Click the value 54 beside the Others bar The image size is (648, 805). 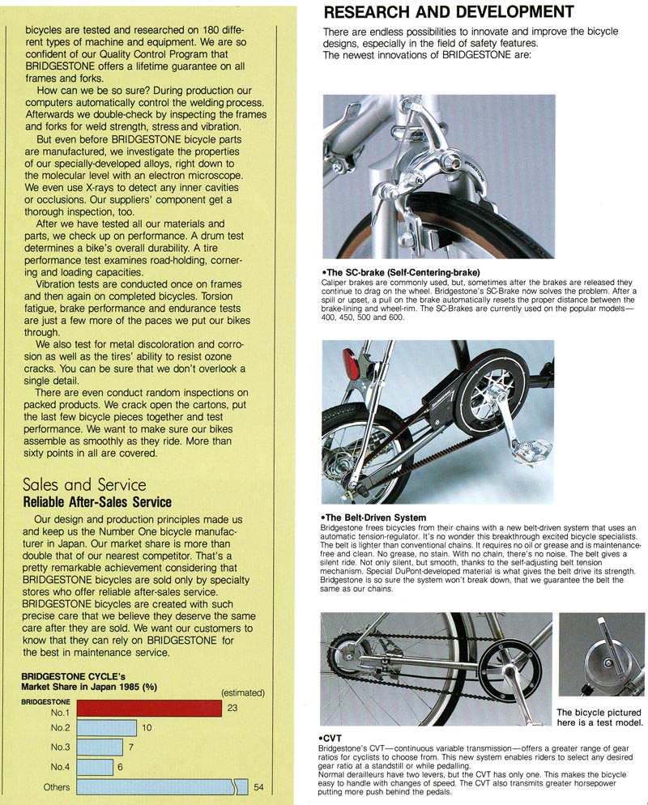259,786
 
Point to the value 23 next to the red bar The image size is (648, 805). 232,707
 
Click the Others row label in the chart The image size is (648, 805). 57,786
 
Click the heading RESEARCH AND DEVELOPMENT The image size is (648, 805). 449,12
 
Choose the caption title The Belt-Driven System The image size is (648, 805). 374,517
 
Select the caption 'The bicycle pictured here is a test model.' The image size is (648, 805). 600,718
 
